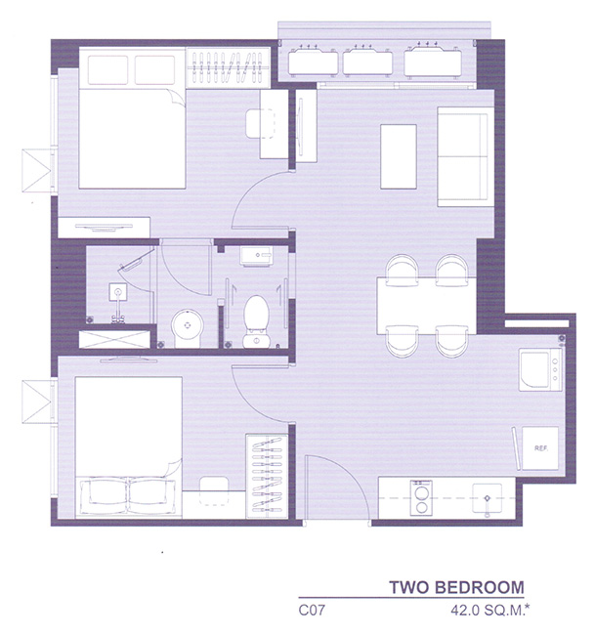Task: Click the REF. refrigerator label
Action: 540,448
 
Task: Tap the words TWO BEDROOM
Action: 456,587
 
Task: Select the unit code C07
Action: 312,610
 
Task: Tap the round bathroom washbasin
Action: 188,325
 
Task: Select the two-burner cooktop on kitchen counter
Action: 421,497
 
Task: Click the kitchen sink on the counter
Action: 488,498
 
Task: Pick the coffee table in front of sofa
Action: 399,156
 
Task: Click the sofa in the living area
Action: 465,156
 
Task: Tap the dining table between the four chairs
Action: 427,306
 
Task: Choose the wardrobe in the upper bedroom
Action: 228,67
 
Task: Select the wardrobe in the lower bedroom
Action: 267,477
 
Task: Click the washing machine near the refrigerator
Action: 540,369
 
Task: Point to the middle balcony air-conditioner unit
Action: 367,61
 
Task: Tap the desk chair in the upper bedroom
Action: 261,123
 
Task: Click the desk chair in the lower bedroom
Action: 214,490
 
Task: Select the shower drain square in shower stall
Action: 118,291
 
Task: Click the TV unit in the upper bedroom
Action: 104,228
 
